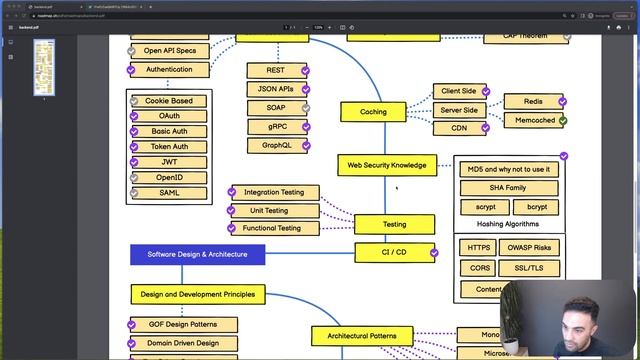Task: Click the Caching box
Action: point(372,112)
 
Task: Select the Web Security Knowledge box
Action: point(386,165)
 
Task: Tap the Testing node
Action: point(394,225)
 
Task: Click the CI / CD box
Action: point(394,252)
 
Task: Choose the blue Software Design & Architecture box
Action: point(197,254)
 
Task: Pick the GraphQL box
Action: point(276,146)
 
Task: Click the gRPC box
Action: point(276,127)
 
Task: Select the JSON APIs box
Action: point(276,89)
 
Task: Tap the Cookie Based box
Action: point(169,101)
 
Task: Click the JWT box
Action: point(169,162)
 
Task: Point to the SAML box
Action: point(169,193)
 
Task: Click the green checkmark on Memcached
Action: point(563,121)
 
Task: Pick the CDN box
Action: point(458,128)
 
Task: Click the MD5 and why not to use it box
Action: point(508,169)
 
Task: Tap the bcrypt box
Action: point(536,207)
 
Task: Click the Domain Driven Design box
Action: point(183,343)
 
